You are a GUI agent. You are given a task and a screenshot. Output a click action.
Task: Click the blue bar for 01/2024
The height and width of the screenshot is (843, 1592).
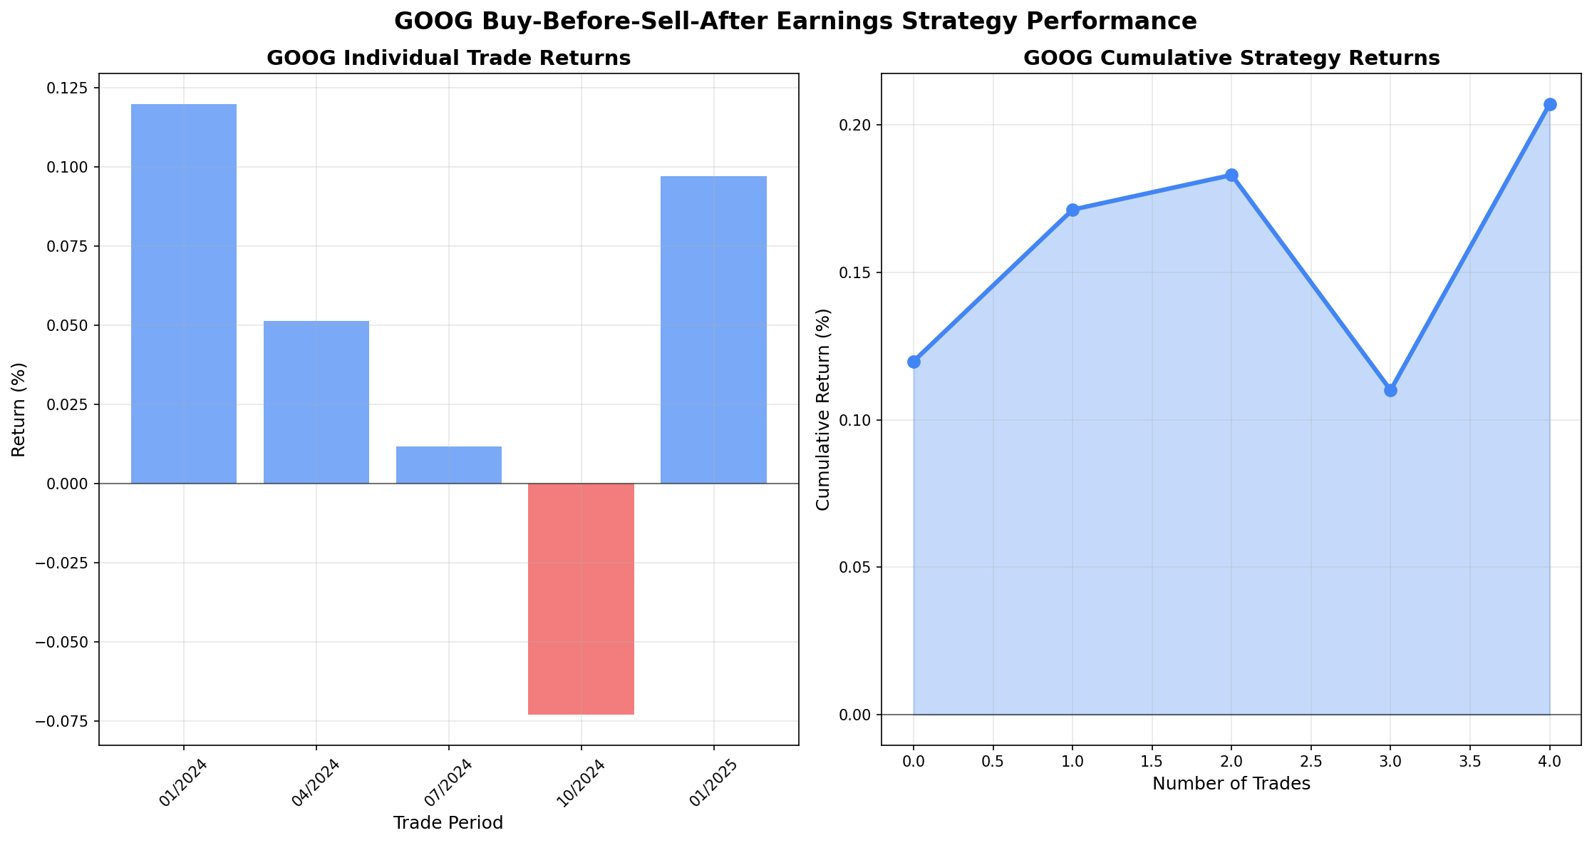[184, 294]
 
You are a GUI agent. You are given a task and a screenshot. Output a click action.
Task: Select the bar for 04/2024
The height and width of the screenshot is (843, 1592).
[316, 402]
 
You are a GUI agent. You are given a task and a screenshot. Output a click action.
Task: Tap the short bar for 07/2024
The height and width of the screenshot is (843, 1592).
[449, 465]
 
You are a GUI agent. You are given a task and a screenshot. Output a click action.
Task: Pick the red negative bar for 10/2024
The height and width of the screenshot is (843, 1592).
[581, 599]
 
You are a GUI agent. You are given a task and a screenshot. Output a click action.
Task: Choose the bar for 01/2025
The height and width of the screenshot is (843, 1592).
[713, 329]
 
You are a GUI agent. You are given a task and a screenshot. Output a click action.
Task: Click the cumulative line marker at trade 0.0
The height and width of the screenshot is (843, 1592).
[914, 362]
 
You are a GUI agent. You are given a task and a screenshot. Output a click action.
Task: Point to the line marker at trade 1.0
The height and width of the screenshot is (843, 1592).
[1072, 210]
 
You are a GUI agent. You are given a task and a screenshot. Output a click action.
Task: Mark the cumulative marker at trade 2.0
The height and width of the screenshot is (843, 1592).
[1231, 175]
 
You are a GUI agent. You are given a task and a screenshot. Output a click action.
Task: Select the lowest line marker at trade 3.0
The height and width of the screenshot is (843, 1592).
[1390, 390]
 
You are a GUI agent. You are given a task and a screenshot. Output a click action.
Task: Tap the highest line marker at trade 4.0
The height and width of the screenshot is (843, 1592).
[1550, 104]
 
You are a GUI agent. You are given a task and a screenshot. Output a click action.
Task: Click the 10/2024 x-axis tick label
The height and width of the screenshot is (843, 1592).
[582, 783]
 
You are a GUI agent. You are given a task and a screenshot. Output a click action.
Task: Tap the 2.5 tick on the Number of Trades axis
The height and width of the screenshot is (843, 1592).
[1311, 762]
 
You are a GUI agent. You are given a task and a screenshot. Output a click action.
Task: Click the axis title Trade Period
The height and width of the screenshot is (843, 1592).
[448, 823]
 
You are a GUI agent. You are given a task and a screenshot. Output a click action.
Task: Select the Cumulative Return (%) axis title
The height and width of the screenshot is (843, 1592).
[823, 409]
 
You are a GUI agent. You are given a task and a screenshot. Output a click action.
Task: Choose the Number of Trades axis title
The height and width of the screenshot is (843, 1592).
[1231, 784]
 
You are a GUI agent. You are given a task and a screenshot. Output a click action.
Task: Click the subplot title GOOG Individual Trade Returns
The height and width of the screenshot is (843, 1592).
[448, 58]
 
